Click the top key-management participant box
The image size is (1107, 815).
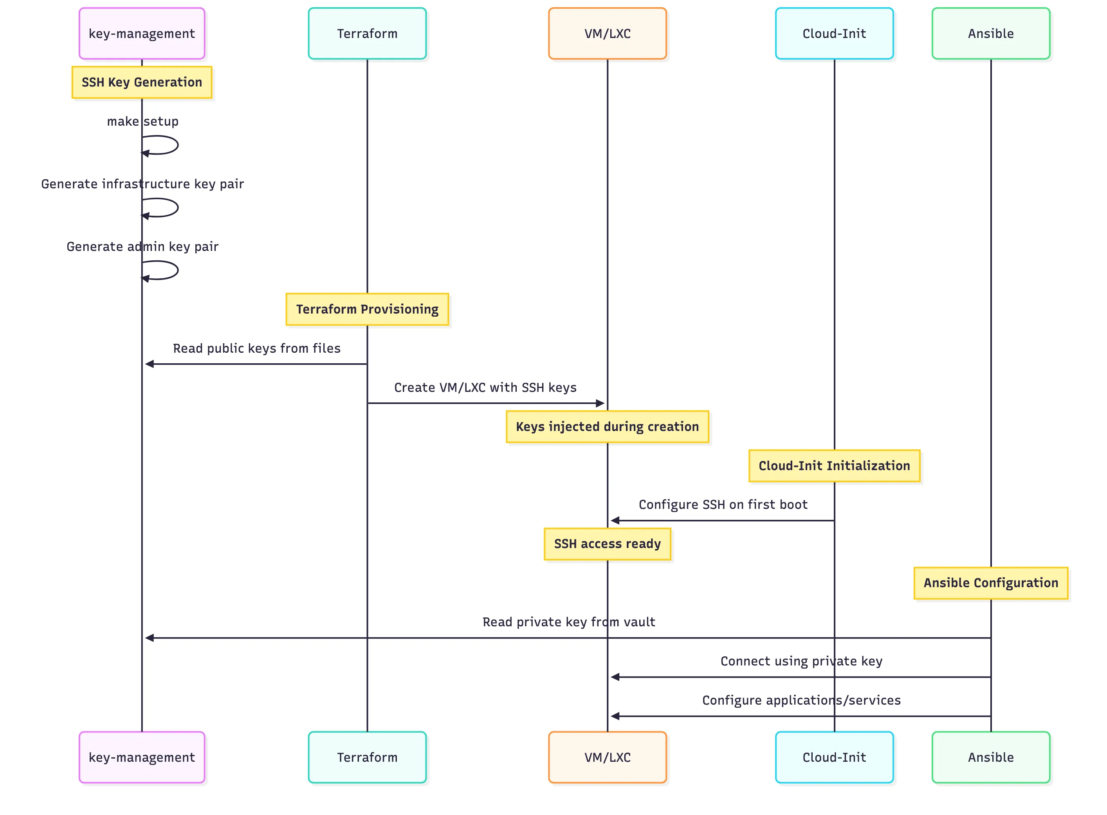click(x=142, y=34)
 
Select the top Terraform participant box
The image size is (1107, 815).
click(x=367, y=34)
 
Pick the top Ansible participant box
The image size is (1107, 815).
click(x=991, y=34)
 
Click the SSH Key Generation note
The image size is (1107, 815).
click(x=142, y=82)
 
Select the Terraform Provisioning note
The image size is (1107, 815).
click(x=367, y=309)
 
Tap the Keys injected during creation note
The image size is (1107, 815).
click(x=607, y=427)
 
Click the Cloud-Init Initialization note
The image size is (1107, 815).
click(x=834, y=466)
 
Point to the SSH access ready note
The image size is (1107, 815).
click(x=607, y=544)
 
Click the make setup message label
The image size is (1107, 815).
click(x=142, y=121)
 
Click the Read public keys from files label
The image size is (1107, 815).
click(x=256, y=348)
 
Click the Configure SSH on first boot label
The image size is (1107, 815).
click(x=723, y=505)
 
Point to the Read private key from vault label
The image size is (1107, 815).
click(x=568, y=622)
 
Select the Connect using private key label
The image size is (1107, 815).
click(x=801, y=661)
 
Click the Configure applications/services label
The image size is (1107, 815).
click(x=801, y=700)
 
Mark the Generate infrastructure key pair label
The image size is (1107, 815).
click(x=142, y=184)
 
